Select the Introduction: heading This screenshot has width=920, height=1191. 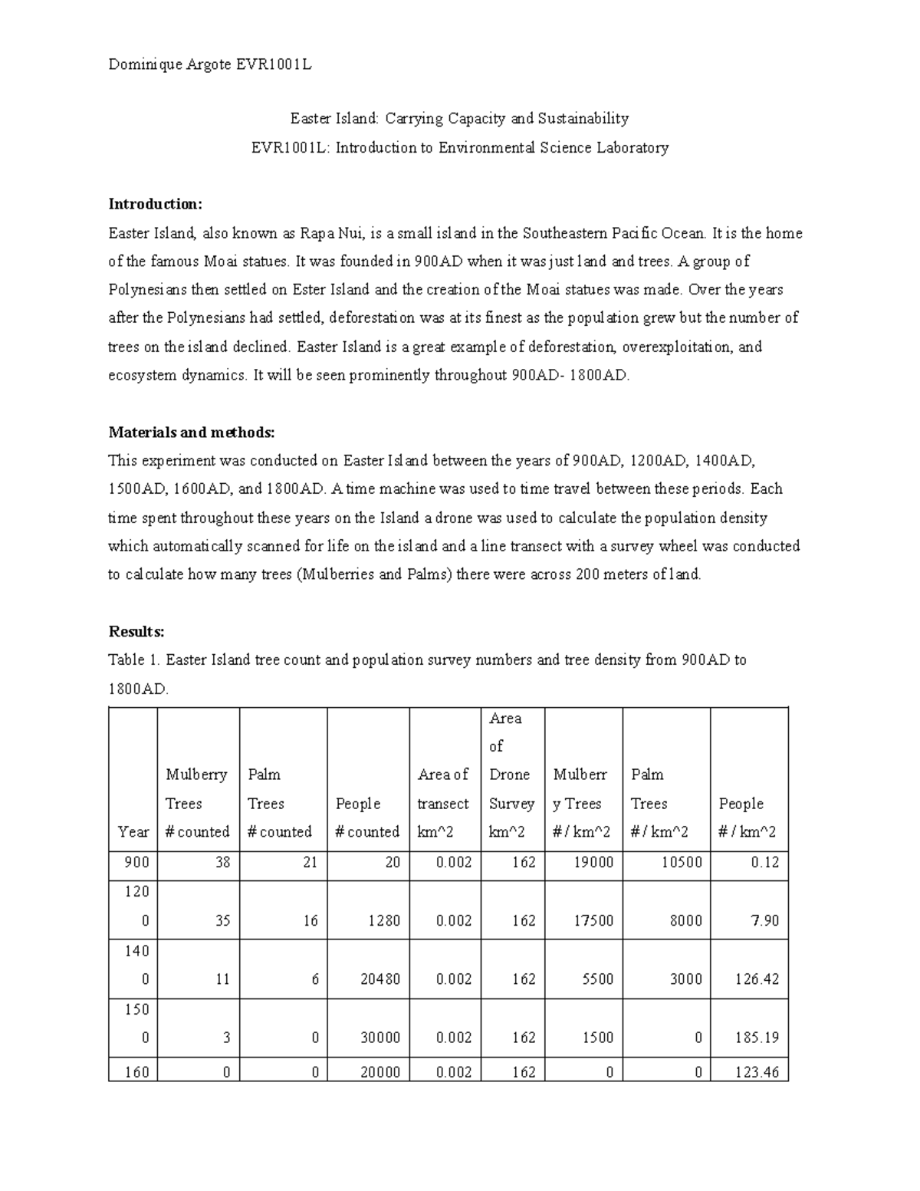tap(155, 204)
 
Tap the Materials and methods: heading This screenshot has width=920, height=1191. tap(191, 432)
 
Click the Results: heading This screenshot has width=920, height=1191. tap(136, 631)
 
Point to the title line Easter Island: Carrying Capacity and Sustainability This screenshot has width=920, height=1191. tap(458, 118)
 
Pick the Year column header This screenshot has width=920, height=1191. tap(133, 831)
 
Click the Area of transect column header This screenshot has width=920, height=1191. tap(443, 803)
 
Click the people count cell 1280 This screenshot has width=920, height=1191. tap(383, 920)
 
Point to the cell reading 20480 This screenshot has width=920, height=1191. tap(380, 979)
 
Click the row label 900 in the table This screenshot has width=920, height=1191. tap(136, 862)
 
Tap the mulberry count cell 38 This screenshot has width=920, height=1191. tap(222, 862)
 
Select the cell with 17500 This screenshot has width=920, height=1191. tap(594, 920)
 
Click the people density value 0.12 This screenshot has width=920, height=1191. tap(764, 862)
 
